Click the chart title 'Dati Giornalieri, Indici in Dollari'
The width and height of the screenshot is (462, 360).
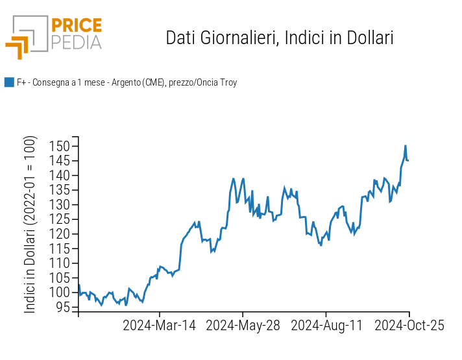click(280, 38)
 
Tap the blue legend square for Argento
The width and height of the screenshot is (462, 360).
click(9, 82)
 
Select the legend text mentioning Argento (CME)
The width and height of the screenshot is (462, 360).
click(127, 82)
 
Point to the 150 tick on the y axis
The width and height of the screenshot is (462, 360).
click(60, 146)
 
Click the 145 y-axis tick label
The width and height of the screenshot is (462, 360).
click(60, 161)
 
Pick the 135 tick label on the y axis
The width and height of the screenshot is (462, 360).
click(60, 190)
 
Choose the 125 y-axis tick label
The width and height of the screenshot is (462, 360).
click(60, 219)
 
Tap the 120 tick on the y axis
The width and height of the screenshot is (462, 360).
click(60, 234)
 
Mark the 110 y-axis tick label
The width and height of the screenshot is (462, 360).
click(60, 263)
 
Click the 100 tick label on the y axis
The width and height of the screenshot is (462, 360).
click(60, 292)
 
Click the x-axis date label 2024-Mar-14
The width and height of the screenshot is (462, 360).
click(159, 326)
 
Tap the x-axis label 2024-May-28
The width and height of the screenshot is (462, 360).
click(243, 326)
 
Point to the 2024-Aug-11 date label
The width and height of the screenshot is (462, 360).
click(326, 326)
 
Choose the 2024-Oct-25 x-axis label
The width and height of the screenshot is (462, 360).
click(409, 326)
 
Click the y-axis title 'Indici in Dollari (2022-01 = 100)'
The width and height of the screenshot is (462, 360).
click(30, 224)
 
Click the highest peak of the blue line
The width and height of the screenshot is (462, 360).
click(406, 146)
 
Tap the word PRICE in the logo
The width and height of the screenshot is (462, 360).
click(77, 26)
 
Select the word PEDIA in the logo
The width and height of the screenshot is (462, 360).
click(77, 42)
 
